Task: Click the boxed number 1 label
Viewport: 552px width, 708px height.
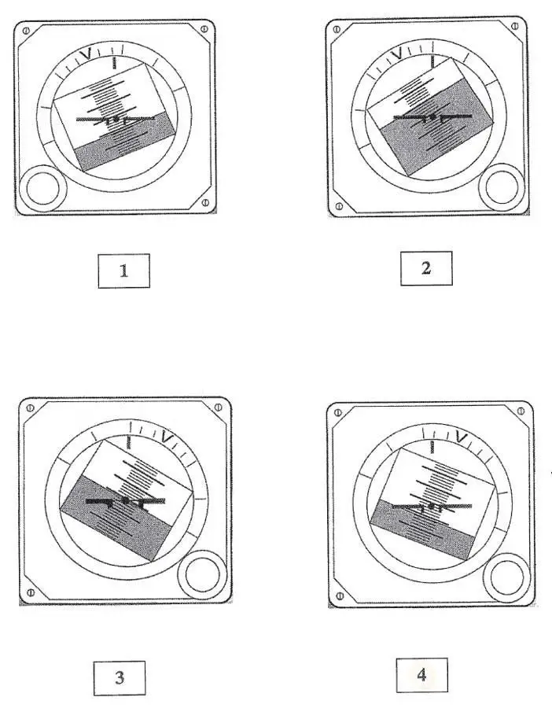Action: coord(123,271)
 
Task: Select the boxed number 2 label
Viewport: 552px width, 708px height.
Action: coord(426,268)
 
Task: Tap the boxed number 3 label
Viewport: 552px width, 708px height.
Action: coord(120,678)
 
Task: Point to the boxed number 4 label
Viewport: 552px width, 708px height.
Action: coord(422,675)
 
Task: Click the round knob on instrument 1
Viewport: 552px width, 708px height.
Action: coord(43,189)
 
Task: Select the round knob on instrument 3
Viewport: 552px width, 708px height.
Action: coord(202,575)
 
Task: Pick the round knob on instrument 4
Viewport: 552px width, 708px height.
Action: coord(506,578)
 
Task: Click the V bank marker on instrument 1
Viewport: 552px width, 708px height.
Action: coord(86,53)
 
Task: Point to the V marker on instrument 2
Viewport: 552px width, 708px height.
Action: coord(396,54)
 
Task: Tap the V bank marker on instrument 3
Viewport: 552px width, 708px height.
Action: coord(167,438)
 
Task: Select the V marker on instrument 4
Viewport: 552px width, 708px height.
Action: coord(462,437)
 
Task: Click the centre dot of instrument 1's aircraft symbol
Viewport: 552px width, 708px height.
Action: coord(116,119)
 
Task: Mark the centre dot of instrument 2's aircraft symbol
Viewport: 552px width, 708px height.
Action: coord(432,117)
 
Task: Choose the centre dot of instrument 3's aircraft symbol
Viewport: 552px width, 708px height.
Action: coord(126,500)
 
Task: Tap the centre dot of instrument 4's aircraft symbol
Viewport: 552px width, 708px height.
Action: coord(432,506)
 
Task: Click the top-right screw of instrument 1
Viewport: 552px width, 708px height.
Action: coord(204,29)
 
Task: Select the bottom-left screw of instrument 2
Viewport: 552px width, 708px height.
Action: coord(338,206)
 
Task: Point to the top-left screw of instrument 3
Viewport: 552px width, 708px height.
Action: coord(30,408)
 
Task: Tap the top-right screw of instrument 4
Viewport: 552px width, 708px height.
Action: coord(521,411)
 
